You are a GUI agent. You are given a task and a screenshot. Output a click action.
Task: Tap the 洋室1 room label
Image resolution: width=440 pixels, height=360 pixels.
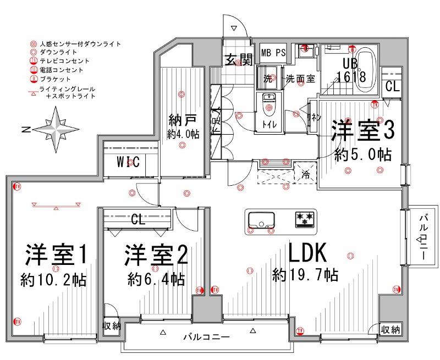(56, 256)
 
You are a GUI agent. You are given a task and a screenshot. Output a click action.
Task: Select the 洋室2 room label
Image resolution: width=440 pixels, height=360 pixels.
(156, 256)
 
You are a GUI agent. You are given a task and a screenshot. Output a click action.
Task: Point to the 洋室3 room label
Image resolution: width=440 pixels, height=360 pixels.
(364, 132)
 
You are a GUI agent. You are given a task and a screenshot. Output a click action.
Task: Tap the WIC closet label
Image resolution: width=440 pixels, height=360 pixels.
(128, 162)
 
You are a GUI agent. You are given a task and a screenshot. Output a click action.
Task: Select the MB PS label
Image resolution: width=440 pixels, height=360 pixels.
(273, 53)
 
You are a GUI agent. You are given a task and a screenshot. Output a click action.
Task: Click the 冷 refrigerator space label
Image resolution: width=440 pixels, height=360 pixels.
(305, 175)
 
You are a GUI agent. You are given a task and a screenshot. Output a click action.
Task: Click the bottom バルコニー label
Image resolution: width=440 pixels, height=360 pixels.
(206, 336)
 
